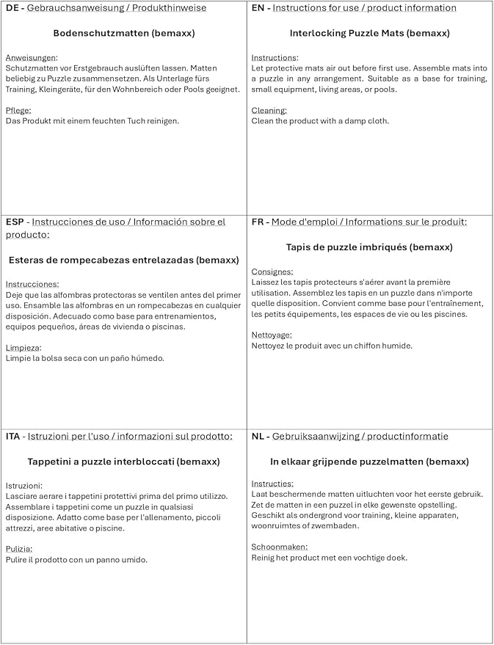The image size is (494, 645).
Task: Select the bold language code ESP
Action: (15, 222)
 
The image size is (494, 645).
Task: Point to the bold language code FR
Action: (258, 222)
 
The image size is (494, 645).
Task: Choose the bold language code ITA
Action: (13, 436)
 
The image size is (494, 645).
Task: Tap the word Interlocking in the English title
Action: (319, 34)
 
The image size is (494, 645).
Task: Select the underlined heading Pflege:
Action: (18, 110)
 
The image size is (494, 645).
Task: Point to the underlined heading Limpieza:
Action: (23, 347)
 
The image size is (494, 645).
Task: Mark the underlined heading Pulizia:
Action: (19, 548)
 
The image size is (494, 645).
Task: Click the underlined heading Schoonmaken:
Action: (280, 547)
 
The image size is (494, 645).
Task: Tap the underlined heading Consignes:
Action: (272, 272)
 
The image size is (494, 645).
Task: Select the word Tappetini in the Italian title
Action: (52, 462)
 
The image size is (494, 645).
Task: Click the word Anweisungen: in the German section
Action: (32, 57)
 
